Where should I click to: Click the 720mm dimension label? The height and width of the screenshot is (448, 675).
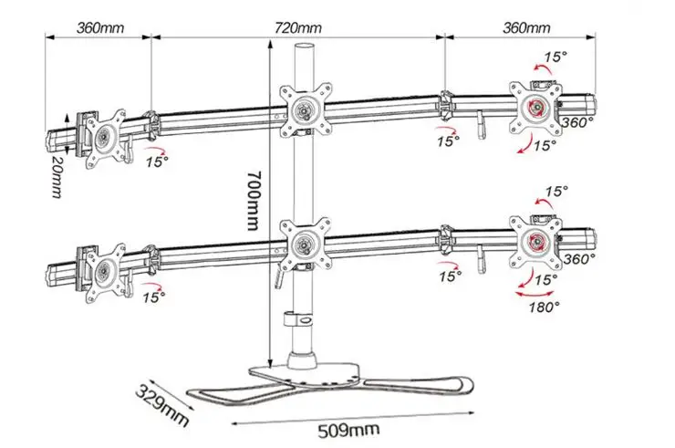298,28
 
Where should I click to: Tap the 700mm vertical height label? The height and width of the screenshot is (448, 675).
254,201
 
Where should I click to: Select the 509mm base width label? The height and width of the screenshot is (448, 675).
348,430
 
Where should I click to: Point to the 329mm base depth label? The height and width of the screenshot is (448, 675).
162,405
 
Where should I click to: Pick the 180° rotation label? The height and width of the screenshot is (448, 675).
545,307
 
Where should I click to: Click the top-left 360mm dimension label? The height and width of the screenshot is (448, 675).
100,28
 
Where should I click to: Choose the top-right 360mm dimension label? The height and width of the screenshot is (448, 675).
526,28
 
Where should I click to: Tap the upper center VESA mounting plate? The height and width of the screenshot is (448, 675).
306,109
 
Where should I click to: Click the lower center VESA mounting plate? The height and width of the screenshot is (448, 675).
306,245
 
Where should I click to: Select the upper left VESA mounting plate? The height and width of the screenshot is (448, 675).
105,139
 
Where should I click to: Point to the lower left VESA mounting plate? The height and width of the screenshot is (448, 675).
105,273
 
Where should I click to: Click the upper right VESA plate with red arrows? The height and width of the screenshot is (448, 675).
536,108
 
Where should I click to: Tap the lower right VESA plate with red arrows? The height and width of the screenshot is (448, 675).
536,242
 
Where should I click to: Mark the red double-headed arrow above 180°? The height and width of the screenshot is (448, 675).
535,294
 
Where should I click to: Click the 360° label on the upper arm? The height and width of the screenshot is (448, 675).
576,123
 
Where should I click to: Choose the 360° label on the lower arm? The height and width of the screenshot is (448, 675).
579,259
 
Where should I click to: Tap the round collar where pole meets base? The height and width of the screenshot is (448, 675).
303,360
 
